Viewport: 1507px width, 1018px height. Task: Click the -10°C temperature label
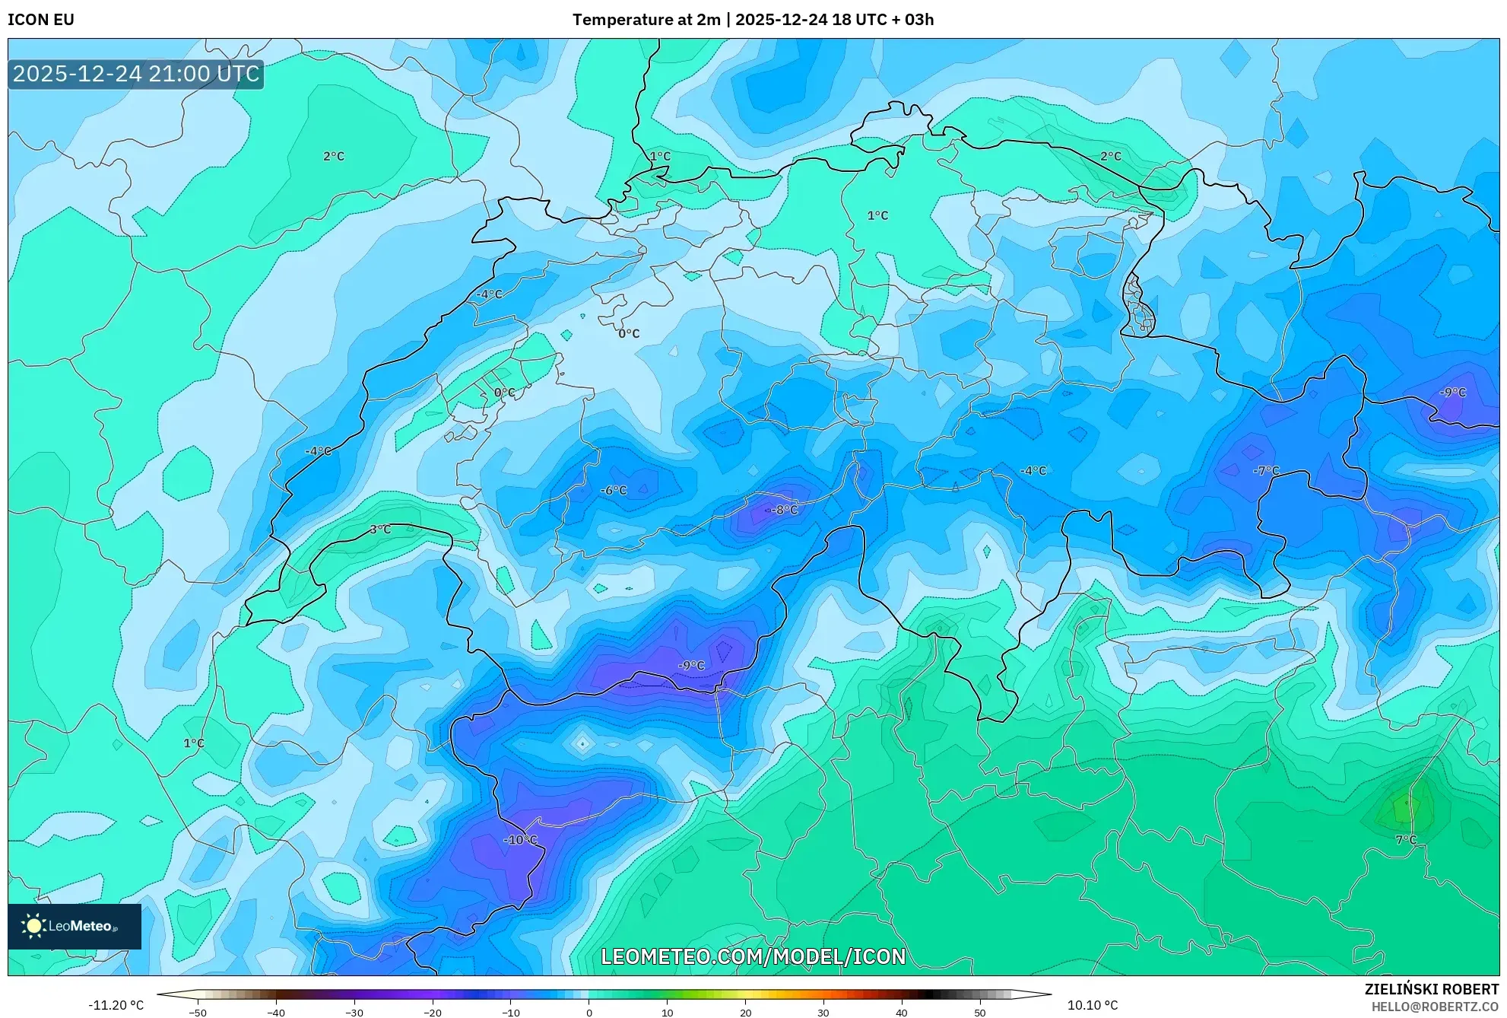pyautogui.click(x=521, y=840)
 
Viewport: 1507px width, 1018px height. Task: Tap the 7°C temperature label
pyautogui.click(x=1406, y=840)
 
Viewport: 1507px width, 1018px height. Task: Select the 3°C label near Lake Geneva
pyautogui.click(x=380, y=530)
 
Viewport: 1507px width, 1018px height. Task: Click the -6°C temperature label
pyautogui.click(x=614, y=491)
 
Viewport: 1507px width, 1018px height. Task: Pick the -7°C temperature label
pyautogui.click(x=1266, y=471)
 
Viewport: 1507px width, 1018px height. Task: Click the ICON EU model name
pyautogui.click(x=41, y=20)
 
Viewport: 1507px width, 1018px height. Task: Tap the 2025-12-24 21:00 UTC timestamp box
pyautogui.click(x=136, y=74)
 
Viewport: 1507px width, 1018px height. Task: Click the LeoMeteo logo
pyautogui.click(x=75, y=926)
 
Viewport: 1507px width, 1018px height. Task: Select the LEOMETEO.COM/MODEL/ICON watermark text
pyautogui.click(x=753, y=956)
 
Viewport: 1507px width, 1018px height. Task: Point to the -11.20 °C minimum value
pyautogui.click(x=116, y=1005)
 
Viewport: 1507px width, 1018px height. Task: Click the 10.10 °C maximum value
pyautogui.click(x=1093, y=1005)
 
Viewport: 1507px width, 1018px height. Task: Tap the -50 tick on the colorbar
pyautogui.click(x=198, y=1013)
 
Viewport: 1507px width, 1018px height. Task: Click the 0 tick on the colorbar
pyautogui.click(x=589, y=1013)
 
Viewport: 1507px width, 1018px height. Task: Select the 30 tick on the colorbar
pyautogui.click(x=823, y=1013)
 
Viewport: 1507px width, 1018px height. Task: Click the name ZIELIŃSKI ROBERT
pyautogui.click(x=1432, y=990)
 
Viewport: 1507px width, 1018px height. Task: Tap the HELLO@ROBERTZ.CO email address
pyautogui.click(x=1435, y=1007)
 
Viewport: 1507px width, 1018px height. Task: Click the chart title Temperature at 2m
pyautogui.click(x=646, y=20)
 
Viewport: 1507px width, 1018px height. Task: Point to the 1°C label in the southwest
pyautogui.click(x=194, y=743)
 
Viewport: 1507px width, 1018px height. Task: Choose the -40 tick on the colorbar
pyautogui.click(x=276, y=1013)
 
